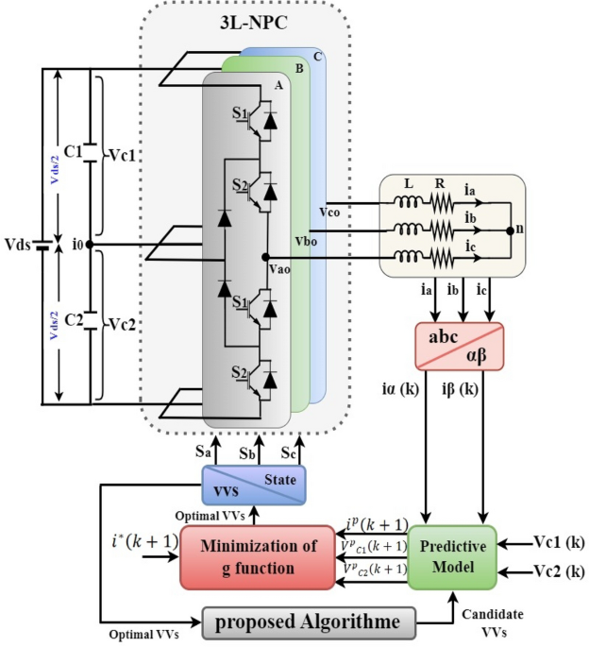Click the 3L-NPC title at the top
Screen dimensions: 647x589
click(x=253, y=20)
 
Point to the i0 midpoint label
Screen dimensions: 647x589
click(x=79, y=245)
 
